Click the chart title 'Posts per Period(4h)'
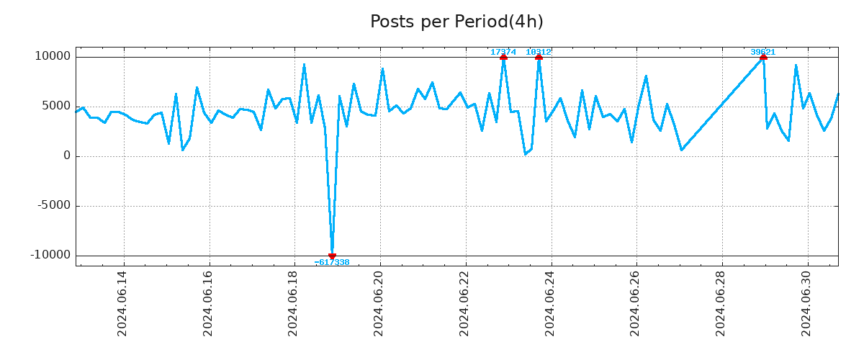coord(456,22)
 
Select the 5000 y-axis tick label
coord(57,107)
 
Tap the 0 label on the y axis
coord(67,156)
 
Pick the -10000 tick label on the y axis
coord(50,256)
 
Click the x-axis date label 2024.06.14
coord(122,303)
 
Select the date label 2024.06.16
coord(208,303)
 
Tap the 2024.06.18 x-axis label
coord(293,303)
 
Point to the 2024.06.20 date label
coord(379,303)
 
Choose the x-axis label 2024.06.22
coord(464,303)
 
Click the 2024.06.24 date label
coord(550,303)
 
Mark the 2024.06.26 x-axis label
coord(635,303)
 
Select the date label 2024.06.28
coord(721,303)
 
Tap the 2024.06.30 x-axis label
coord(806,303)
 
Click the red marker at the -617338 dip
coord(332,256)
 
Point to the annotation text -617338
coord(332,263)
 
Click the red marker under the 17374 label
coord(503,57)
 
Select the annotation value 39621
coord(763,52)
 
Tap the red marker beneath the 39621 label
coord(763,57)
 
